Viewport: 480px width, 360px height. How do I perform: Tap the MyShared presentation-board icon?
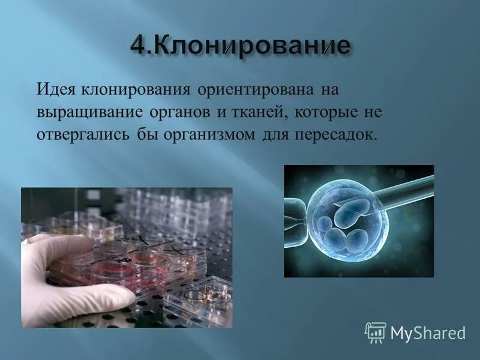click(x=376, y=332)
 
